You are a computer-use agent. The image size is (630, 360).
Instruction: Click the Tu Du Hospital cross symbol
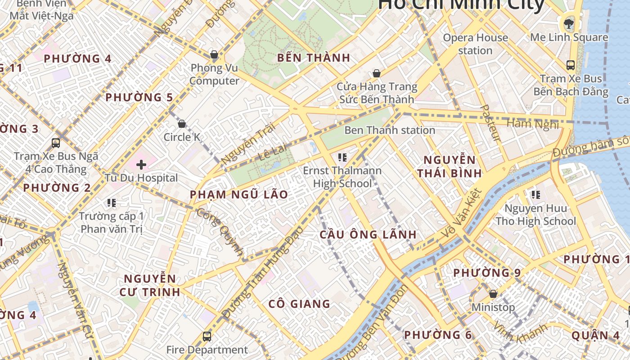[141, 165]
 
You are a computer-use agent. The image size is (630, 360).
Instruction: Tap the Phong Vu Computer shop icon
[214, 55]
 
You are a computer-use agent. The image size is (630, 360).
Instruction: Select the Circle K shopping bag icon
[182, 124]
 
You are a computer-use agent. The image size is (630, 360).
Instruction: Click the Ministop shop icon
[493, 294]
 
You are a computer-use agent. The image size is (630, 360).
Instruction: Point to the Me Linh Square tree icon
[569, 23]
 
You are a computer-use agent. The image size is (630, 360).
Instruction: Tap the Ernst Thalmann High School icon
[342, 157]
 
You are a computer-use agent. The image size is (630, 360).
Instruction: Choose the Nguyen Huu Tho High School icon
[535, 195]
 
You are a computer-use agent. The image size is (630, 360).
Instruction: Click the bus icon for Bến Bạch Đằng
[571, 65]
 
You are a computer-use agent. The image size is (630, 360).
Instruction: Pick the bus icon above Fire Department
[207, 336]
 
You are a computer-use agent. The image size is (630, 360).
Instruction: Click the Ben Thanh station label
[390, 130]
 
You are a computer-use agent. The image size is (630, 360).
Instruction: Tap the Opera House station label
[475, 44]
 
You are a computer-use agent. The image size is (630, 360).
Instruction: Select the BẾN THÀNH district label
[314, 58]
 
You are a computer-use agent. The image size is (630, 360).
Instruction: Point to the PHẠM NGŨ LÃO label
[239, 194]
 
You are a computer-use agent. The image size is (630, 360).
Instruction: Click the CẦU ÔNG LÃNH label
[368, 234]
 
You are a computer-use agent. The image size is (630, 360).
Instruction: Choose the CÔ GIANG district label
[299, 304]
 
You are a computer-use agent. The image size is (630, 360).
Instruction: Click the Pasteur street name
[490, 123]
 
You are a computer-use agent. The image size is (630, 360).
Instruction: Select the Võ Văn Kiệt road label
[462, 213]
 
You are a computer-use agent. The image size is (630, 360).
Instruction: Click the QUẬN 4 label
[595, 335]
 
